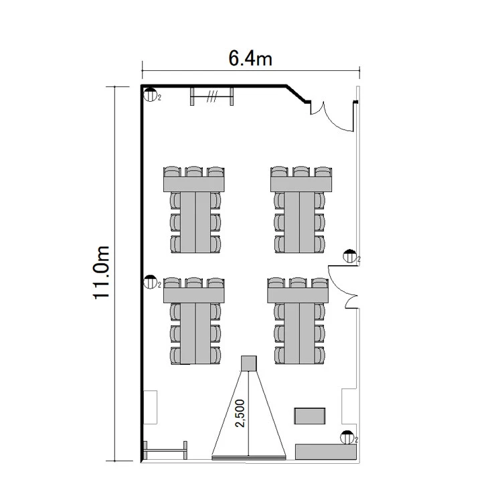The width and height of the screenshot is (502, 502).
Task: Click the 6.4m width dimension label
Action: (x=250, y=59)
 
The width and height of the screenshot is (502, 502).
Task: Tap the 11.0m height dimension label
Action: (x=102, y=273)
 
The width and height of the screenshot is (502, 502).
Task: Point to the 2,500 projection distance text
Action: (x=240, y=413)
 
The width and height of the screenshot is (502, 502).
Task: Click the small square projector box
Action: (x=249, y=363)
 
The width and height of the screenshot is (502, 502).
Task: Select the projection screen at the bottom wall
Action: (x=249, y=458)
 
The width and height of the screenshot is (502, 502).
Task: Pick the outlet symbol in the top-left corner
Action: (x=150, y=94)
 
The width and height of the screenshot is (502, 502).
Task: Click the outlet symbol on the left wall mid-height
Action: (x=150, y=282)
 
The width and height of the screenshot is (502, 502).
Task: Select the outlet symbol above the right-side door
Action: (x=349, y=256)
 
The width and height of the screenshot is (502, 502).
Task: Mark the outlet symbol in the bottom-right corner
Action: (x=347, y=437)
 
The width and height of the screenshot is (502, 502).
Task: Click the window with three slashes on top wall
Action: (x=212, y=96)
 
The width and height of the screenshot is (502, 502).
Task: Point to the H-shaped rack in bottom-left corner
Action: (x=165, y=450)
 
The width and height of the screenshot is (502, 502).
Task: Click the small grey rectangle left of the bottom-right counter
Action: (x=310, y=416)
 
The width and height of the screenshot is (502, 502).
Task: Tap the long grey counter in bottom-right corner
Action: (x=325, y=452)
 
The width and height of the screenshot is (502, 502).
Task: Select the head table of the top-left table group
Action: (x=194, y=184)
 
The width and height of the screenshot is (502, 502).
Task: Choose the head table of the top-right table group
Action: (x=301, y=184)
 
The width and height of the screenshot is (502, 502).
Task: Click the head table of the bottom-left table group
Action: (x=194, y=295)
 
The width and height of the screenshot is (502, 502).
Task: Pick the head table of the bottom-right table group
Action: (x=298, y=295)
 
